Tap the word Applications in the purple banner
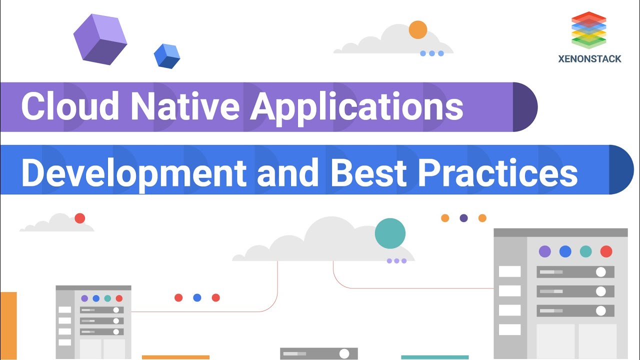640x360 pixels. [x=356, y=106]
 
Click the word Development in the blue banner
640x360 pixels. [x=133, y=172]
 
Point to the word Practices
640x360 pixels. [x=497, y=172]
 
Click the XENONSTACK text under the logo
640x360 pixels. [x=589, y=59]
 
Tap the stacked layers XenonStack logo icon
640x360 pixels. [x=589, y=30]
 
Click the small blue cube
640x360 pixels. [x=166, y=56]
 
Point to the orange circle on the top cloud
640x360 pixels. [x=418, y=30]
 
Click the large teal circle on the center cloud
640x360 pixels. [x=390, y=233]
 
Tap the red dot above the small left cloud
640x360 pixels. [x=79, y=218]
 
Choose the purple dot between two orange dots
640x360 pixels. [x=463, y=218]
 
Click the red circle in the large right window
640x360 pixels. [x=606, y=251]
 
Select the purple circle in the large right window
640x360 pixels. [x=544, y=251]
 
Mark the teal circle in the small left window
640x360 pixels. [x=107, y=298]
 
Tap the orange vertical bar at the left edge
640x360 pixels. [x=8, y=325]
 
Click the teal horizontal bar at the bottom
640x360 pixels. [x=434, y=357]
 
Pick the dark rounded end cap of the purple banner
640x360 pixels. [x=524, y=107]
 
